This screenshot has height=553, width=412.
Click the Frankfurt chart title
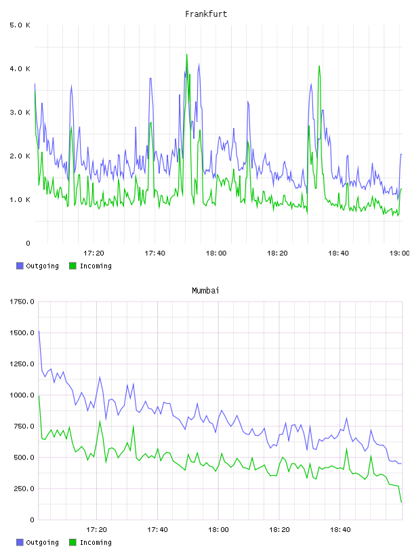point(206,14)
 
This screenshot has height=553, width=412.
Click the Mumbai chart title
point(205,291)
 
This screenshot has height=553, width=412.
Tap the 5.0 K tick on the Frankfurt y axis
point(20,25)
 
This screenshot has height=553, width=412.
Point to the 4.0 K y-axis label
point(20,68)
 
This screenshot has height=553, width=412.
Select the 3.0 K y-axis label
point(20,112)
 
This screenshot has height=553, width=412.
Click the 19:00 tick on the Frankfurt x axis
point(399,253)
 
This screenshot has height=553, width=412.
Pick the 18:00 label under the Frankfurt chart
point(216,253)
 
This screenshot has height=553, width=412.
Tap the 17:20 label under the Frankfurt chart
point(94,253)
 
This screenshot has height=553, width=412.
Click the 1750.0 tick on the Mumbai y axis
point(22,302)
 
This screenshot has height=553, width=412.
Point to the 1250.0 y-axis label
point(22,364)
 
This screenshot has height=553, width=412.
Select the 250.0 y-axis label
point(24,489)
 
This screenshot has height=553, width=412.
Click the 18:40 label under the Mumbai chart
point(340,530)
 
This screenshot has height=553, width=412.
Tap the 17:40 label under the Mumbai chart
point(157,530)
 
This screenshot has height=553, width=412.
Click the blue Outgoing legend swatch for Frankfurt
point(20,266)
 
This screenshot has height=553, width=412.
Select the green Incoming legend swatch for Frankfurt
point(73,266)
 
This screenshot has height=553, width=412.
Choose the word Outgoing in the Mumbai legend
point(42,543)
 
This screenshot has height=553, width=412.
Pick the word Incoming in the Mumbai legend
point(96,543)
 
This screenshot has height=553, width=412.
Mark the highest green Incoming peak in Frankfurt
point(186,54)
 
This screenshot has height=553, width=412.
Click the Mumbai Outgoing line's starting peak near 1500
point(39,331)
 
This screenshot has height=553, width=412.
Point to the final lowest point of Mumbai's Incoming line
point(401,502)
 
